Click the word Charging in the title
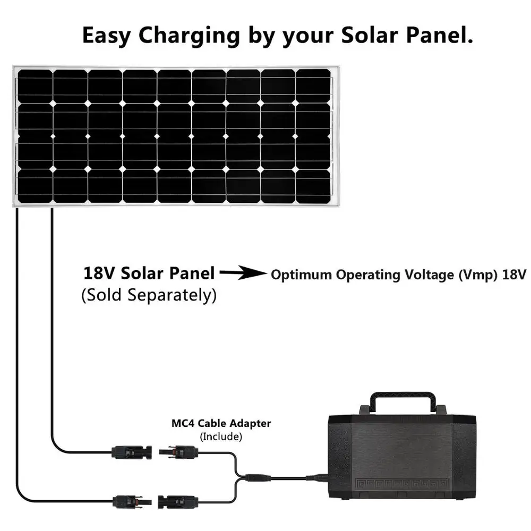(189, 36)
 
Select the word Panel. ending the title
(439, 35)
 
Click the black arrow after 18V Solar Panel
(243, 272)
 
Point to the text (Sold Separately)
(149, 295)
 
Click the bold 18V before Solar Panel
(99, 273)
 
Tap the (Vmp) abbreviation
(478, 275)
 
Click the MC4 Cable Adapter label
(221, 423)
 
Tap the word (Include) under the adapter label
(221, 436)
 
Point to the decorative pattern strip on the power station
(402, 484)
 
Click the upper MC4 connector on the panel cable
(131, 452)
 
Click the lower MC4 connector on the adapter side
(178, 502)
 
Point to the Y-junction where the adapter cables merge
(239, 478)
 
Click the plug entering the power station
(317, 477)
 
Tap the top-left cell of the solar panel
(35, 86)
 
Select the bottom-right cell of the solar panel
(313, 186)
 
